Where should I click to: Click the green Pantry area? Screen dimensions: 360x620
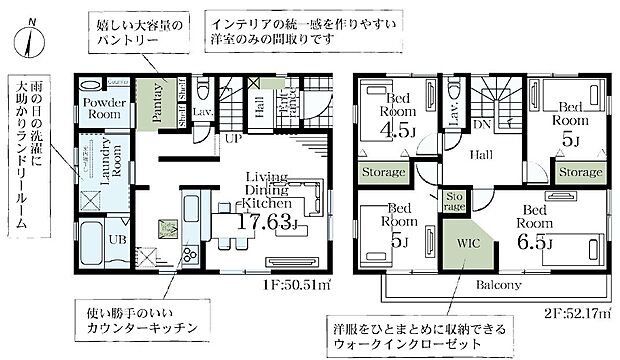pos(157,103)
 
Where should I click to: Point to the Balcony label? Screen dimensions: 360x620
pos(487,286)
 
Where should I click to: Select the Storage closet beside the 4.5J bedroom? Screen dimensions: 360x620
pos(381,172)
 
